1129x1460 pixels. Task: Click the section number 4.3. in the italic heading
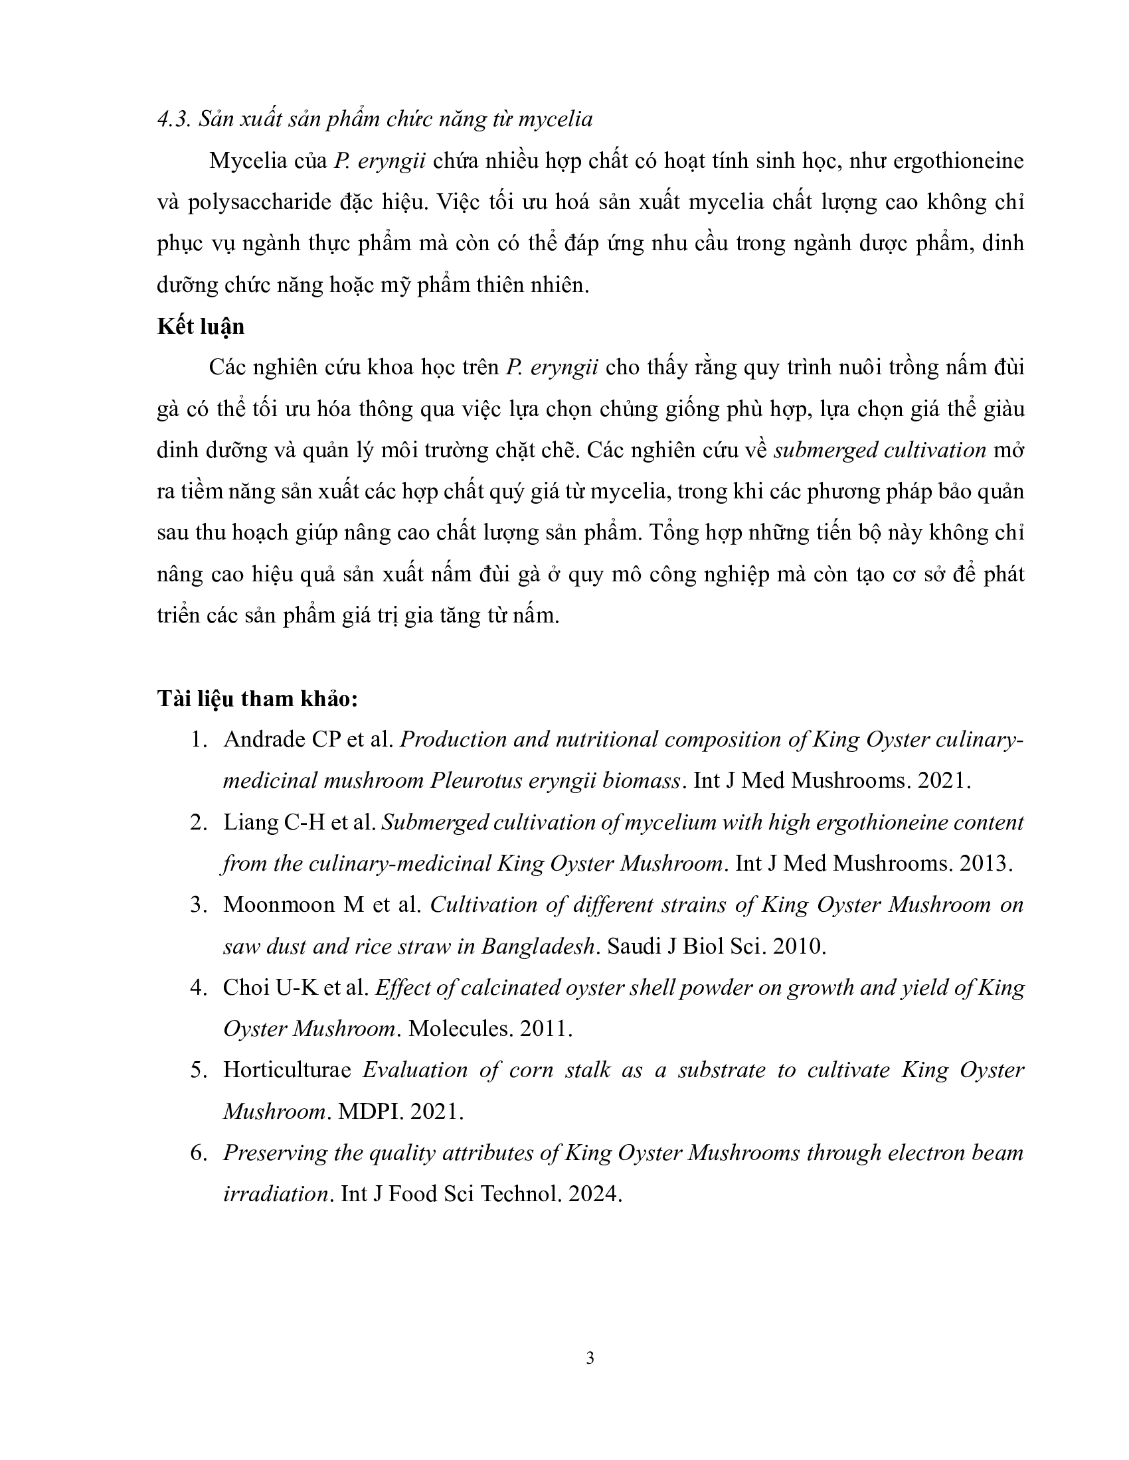[x=173, y=119]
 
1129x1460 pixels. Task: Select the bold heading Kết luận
[x=201, y=327]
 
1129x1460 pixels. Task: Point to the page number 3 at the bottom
[x=589, y=1358]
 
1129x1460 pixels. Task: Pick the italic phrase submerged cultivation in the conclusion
[x=879, y=451]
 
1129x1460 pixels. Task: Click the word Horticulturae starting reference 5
[x=287, y=1070]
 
